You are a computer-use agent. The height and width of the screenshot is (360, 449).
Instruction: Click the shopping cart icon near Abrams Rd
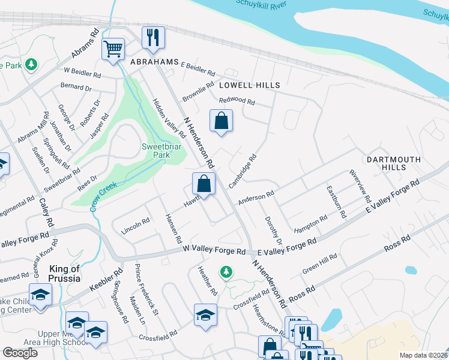click(113, 49)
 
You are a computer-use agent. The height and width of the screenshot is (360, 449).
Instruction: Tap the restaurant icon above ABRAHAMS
click(152, 37)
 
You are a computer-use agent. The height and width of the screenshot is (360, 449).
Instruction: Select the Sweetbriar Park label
click(155, 151)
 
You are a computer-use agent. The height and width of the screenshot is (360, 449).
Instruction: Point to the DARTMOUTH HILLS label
click(390, 163)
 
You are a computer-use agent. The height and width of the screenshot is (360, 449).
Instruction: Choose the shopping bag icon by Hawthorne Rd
click(204, 183)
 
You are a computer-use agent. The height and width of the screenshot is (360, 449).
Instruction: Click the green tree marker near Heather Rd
click(226, 273)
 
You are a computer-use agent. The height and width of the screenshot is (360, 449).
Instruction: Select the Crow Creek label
click(103, 197)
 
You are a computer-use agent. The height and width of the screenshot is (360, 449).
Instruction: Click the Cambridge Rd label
click(243, 171)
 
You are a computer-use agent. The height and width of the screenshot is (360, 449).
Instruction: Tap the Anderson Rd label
click(256, 197)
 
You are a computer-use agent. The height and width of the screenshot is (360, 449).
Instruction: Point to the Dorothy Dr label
click(270, 227)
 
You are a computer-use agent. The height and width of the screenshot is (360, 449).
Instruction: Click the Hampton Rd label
click(310, 224)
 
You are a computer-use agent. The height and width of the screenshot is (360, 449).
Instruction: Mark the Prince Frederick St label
click(146, 290)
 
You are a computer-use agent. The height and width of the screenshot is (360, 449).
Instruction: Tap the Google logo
click(19, 353)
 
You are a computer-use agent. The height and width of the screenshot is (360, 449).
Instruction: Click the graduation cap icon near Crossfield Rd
click(205, 315)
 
